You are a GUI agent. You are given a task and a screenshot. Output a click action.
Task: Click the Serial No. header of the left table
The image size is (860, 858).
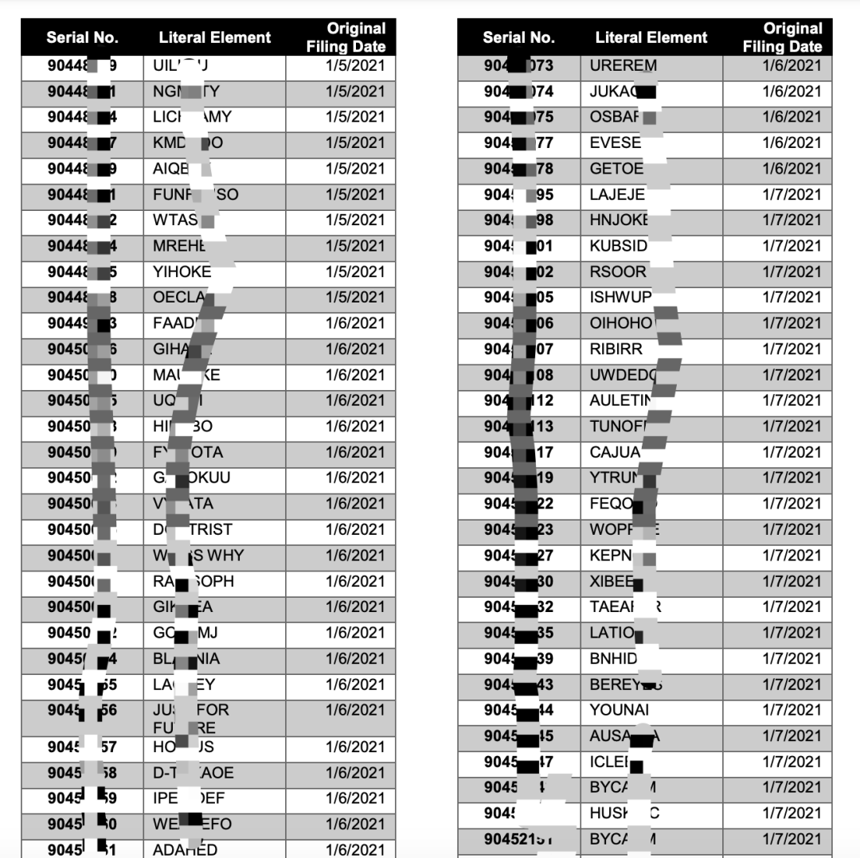(82, 37)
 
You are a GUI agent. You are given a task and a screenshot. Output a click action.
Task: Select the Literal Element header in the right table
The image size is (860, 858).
(651, 37)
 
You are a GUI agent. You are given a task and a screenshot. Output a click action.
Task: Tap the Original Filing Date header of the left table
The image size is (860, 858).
(345, 37)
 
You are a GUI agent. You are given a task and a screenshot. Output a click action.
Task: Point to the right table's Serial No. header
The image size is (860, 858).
(518, 37)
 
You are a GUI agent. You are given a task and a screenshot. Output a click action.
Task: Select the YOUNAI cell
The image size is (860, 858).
(619, 710)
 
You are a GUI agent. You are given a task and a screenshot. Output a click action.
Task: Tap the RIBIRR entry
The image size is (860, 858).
(616, 349)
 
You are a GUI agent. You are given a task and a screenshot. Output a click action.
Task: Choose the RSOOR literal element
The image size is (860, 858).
(618, 271)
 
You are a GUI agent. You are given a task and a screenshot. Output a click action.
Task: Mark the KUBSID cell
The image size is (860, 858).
(619, 246)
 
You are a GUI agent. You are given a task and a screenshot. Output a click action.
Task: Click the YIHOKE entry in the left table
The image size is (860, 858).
(182, 271)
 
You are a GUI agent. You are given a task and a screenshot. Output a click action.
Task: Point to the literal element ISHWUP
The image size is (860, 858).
(620, 297)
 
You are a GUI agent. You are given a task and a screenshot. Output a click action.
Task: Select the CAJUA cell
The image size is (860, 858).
(615, 452)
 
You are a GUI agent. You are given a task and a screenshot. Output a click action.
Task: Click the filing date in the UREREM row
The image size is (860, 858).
(791, 65)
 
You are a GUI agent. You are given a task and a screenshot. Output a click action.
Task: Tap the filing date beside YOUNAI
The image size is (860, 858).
(791, 710)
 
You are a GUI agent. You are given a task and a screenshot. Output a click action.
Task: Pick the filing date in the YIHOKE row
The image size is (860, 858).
(354, 271)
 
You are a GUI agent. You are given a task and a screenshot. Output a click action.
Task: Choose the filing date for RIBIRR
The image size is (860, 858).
(791, 349)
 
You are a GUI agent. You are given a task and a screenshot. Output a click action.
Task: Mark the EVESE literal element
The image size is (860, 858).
(615, 142)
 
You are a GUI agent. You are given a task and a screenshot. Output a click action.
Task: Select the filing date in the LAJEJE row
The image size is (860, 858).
(791, 194)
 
